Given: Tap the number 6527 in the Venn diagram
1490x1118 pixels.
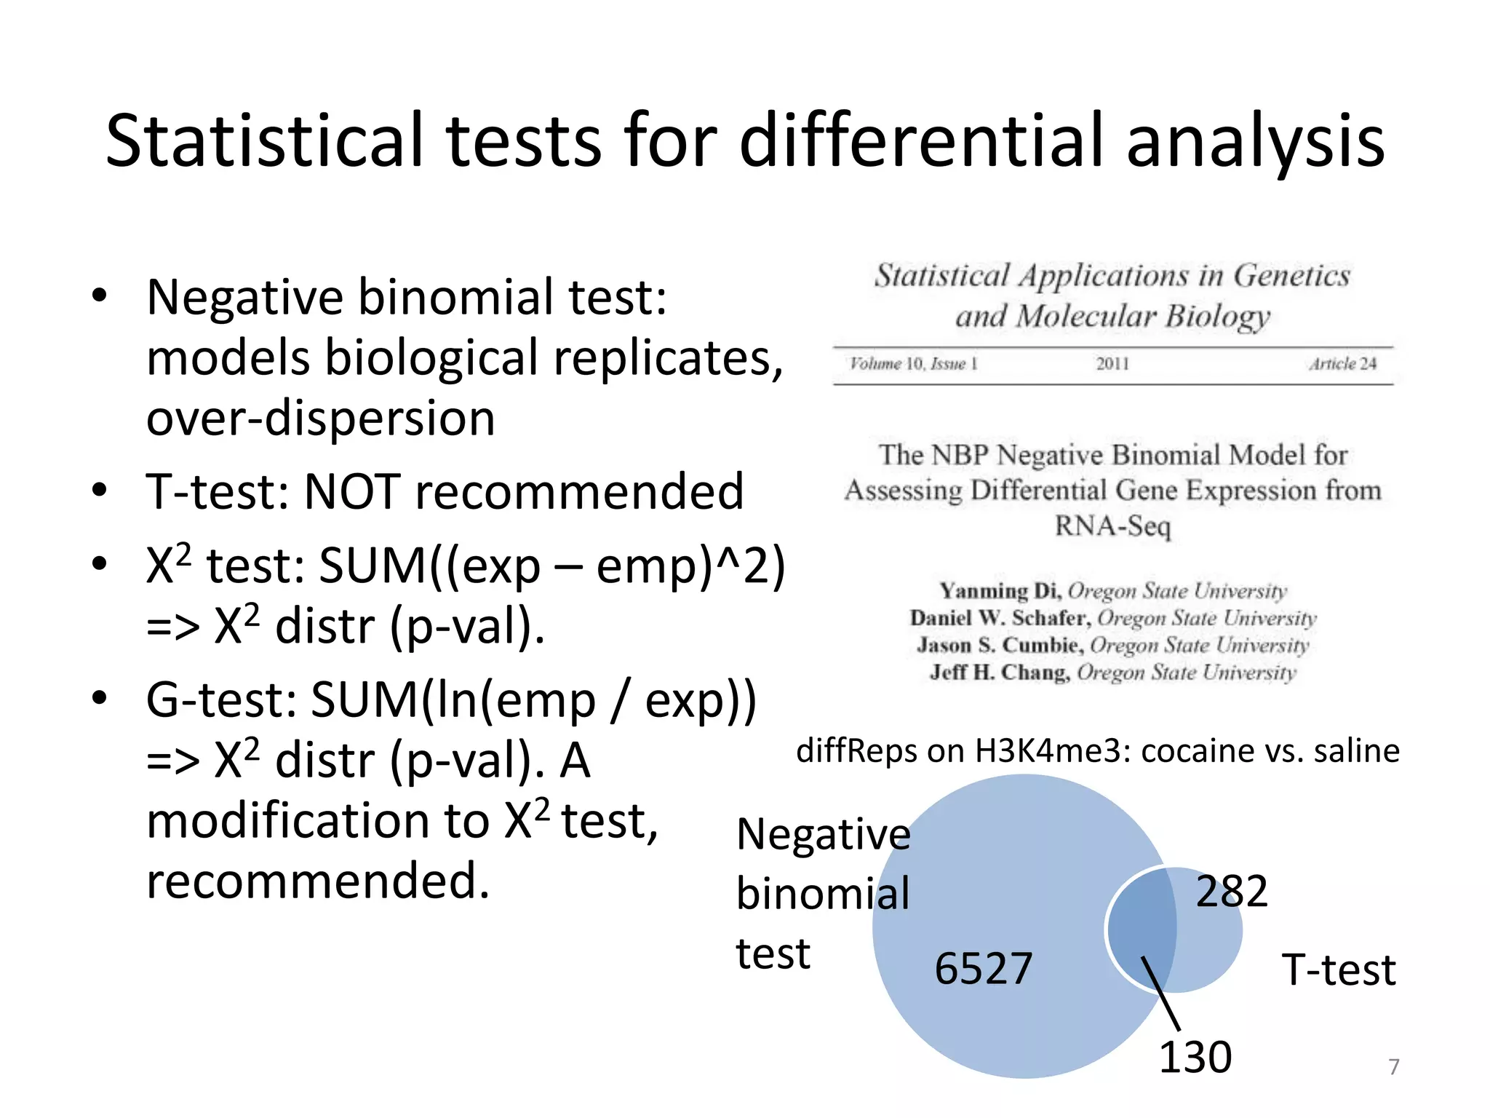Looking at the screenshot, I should tap(983, 969).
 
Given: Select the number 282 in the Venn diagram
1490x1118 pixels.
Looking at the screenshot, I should tap(1232, 891).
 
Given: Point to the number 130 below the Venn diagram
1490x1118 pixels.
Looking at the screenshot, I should tap(1195, 1057).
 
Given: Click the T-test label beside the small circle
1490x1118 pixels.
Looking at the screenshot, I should tap(1339, 970).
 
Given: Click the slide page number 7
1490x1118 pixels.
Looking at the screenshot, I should tap(1394, 1067).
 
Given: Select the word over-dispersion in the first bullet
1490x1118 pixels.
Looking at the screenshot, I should tap(321, 419).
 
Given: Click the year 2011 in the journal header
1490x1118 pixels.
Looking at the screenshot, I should tap(1112, 364).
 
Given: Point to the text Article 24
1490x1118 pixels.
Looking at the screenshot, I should tap(1342, 364).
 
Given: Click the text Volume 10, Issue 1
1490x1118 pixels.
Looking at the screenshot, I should tap(913, 364).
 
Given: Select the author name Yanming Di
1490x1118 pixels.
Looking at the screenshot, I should tap(1000, 590).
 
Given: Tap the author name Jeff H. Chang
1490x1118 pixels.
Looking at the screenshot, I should tap(999, 672).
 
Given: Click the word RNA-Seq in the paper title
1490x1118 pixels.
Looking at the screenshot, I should tap(1112, 526).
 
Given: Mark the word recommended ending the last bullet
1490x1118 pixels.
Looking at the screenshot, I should tap(318, 881).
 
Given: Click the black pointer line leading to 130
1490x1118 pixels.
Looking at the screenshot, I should tap(1161, 994).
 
